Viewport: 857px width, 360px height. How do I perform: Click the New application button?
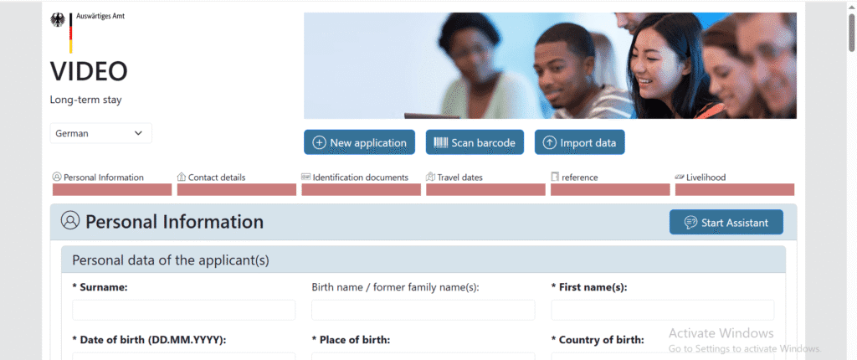359,142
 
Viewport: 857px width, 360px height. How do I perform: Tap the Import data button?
579,142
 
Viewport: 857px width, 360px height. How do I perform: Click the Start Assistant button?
726,222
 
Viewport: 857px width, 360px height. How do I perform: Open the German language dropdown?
100,133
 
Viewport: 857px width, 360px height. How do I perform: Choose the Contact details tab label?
217,177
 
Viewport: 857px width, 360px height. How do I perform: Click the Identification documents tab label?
361,177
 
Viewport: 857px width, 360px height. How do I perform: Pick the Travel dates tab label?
459,177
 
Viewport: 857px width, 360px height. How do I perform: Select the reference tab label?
579,177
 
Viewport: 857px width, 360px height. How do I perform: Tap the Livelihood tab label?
706,177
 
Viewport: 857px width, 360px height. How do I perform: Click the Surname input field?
183,310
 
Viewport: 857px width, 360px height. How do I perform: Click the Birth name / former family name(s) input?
423,310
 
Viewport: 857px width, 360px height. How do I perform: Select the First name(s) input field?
662,310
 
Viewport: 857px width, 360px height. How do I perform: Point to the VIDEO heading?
89,72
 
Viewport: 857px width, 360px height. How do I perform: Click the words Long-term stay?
87,100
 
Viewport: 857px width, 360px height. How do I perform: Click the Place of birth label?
351,340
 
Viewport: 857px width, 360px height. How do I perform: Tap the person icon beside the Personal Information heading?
70,221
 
